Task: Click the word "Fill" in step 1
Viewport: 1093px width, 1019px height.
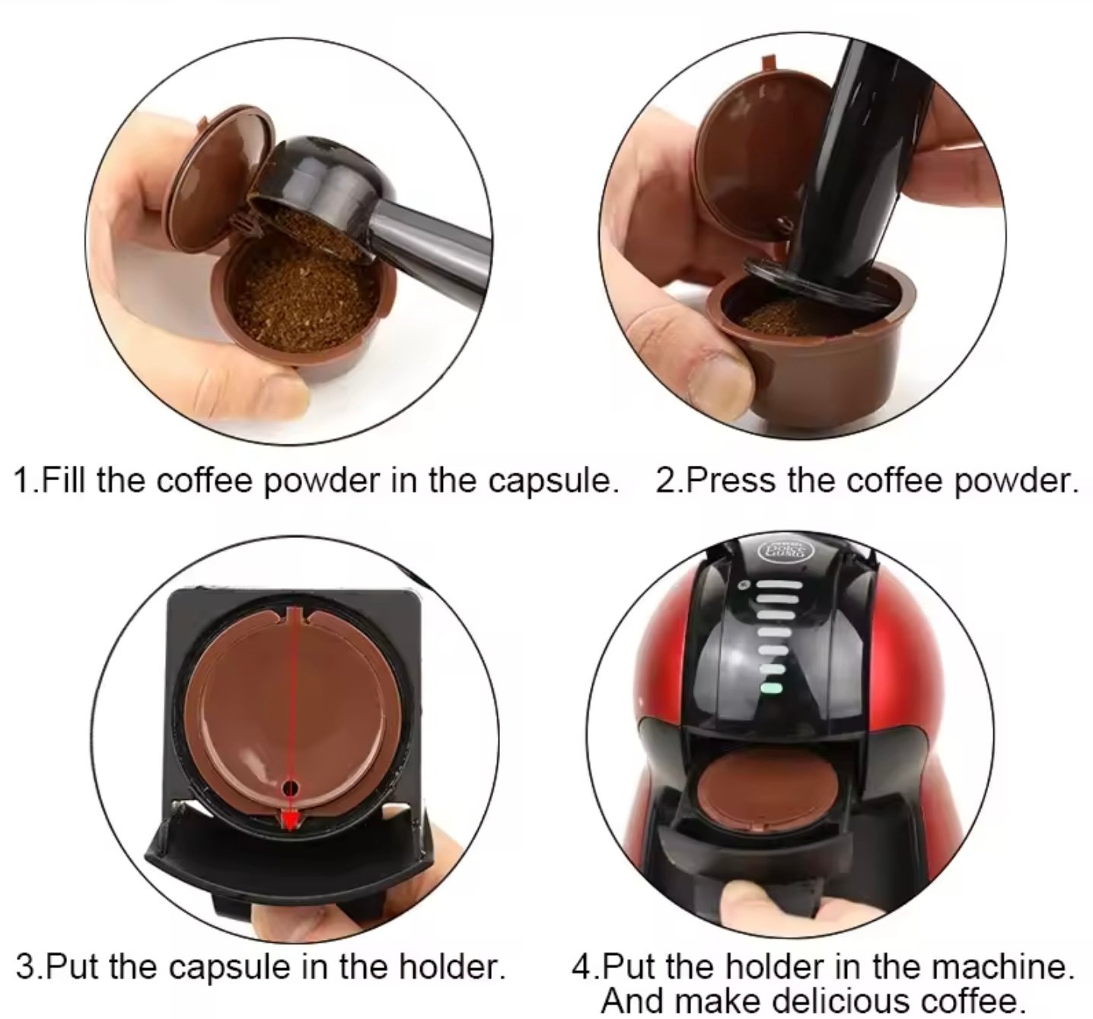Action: [62, 481]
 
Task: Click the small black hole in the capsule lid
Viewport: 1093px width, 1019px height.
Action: [290, 788]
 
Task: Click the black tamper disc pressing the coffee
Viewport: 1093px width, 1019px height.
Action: [814, 284]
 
